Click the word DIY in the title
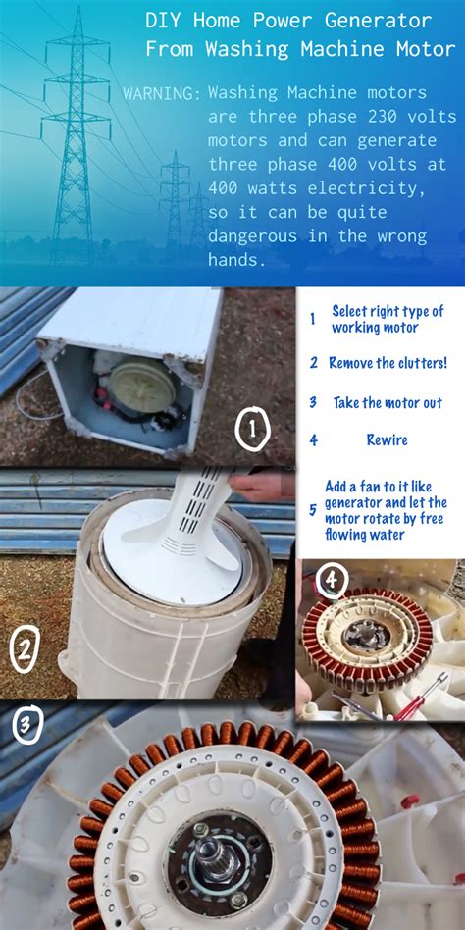[x=163, y=21]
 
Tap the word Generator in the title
[x=389, y=21]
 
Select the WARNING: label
[x=162, y=94]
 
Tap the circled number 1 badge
[x=253, y=429]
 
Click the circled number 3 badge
[x=26, y=727]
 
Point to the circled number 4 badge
[x=333, y=583]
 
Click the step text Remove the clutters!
[x=387, y=363]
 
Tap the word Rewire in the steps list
[x=387, y=440]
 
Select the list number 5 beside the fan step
[x=313, y=510]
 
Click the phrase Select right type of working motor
[x=387, y=319]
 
